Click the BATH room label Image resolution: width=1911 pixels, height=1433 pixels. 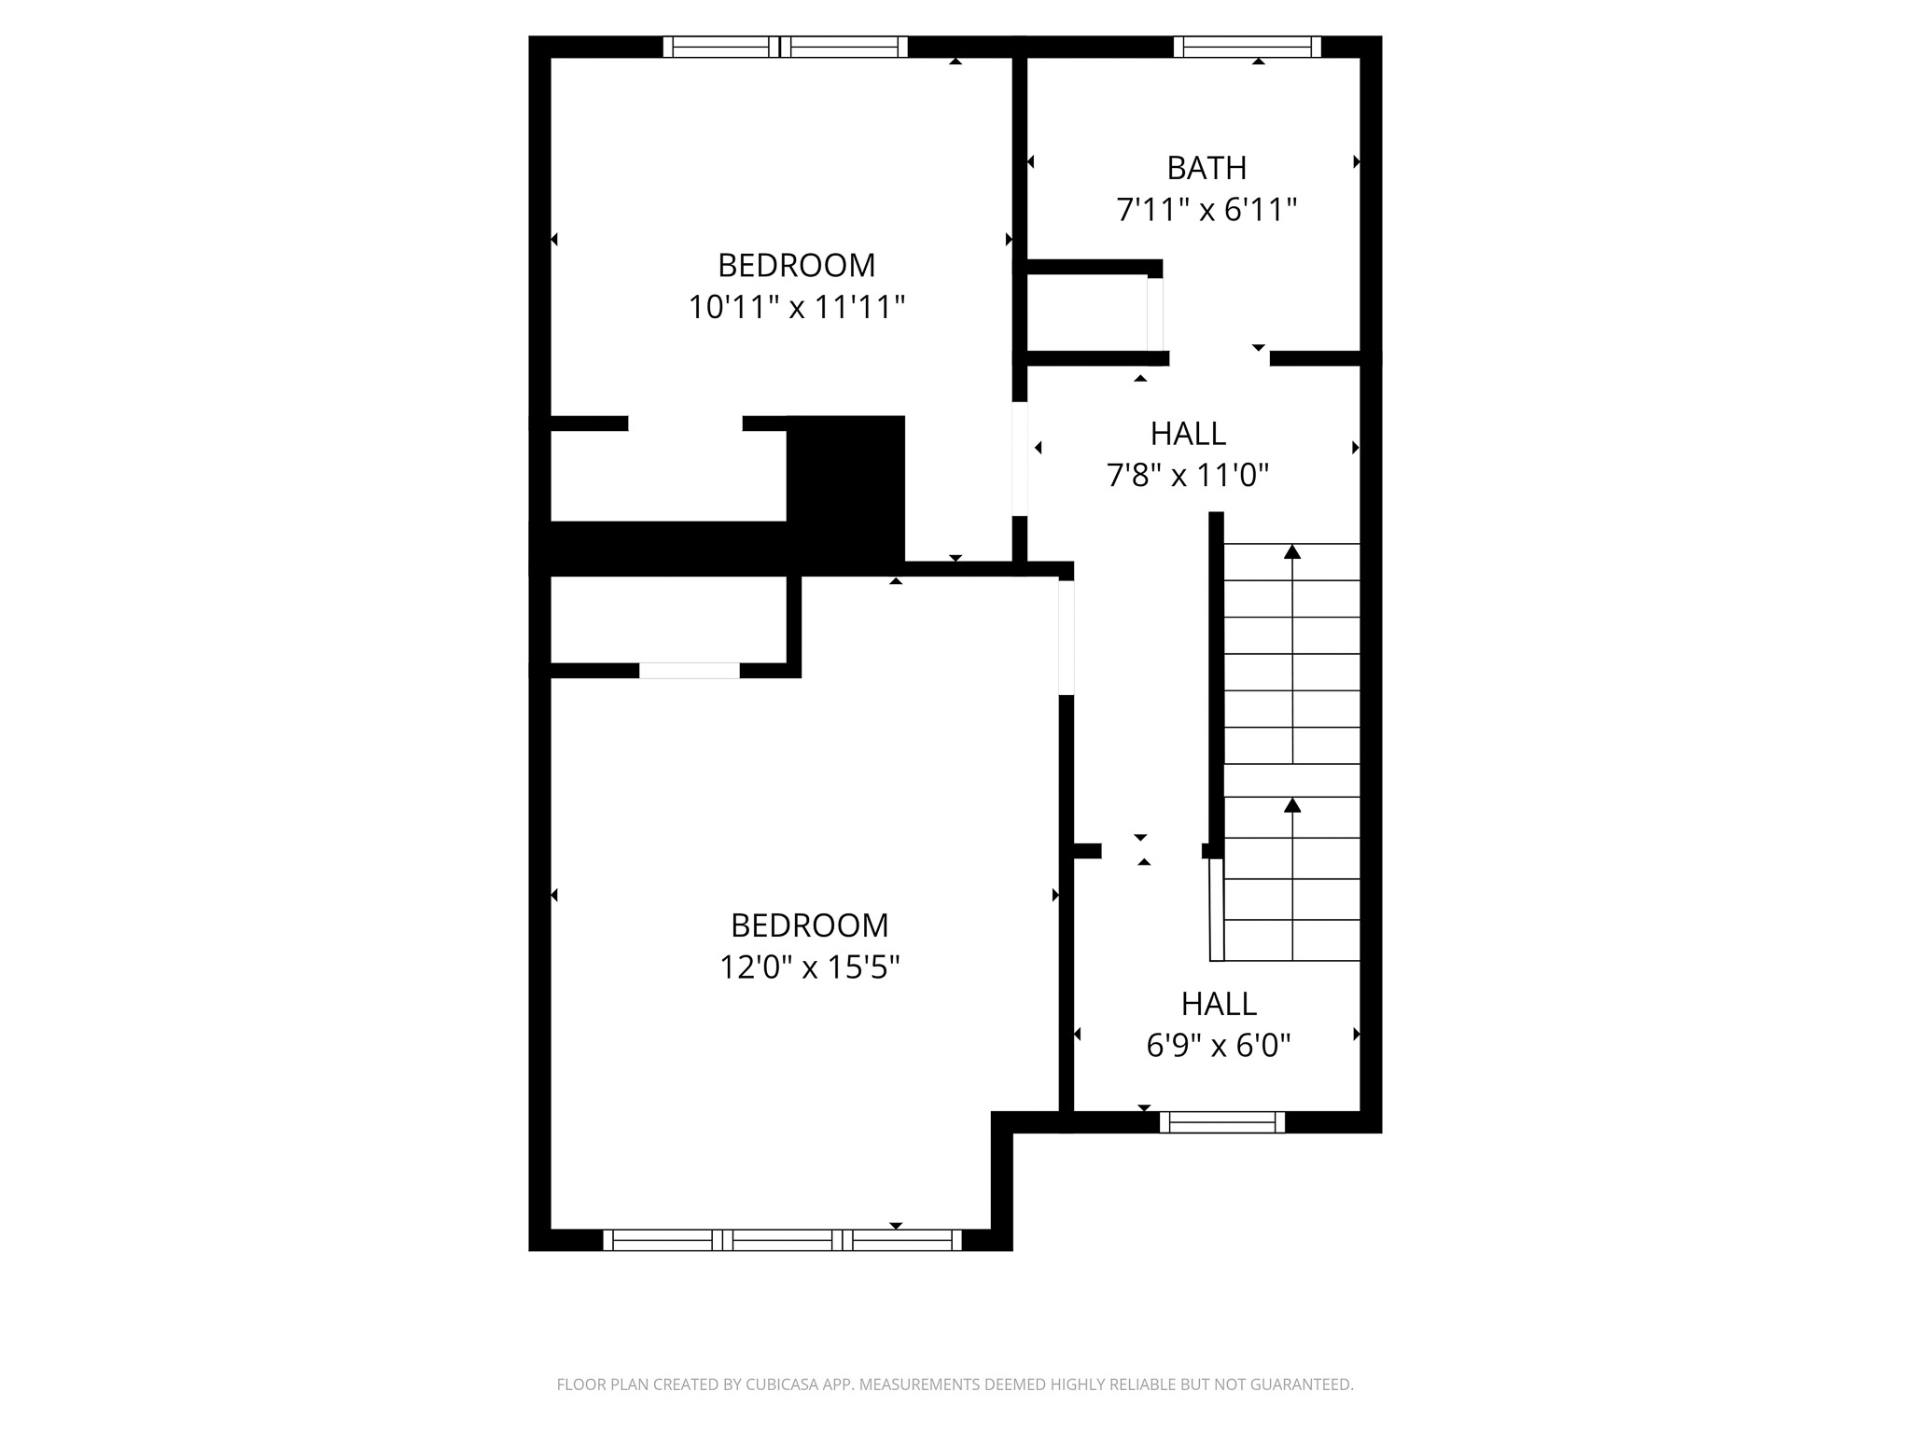(1207, 168)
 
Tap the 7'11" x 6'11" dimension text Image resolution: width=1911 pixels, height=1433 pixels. (1207, 210)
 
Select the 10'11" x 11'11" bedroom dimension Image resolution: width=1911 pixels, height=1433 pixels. (797, 307)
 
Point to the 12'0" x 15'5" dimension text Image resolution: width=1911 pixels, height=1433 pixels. (809, 967)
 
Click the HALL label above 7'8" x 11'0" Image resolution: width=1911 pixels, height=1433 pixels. (1188, 434)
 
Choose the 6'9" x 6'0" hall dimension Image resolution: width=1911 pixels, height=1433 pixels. (1219, 1046)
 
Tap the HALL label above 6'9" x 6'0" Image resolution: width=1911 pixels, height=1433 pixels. (1219, 1004)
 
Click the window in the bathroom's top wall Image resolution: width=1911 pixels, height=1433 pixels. (1248, 47)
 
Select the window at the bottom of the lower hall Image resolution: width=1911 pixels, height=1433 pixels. (1222, 1122)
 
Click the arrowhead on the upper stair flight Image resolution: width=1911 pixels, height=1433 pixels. (1292, 551)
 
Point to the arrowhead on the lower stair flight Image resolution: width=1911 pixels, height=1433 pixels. (1292, 804)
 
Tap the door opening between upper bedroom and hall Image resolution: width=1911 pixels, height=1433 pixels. (1020, 459)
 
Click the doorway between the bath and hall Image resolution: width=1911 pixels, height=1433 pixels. (1220, 358)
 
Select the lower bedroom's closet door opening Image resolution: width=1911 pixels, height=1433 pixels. (690, 670)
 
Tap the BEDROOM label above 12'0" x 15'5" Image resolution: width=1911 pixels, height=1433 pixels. (809, 925)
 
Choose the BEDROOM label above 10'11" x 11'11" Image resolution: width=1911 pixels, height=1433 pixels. (797, 266)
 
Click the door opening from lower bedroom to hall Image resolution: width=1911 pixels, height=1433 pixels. (1067, 637)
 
